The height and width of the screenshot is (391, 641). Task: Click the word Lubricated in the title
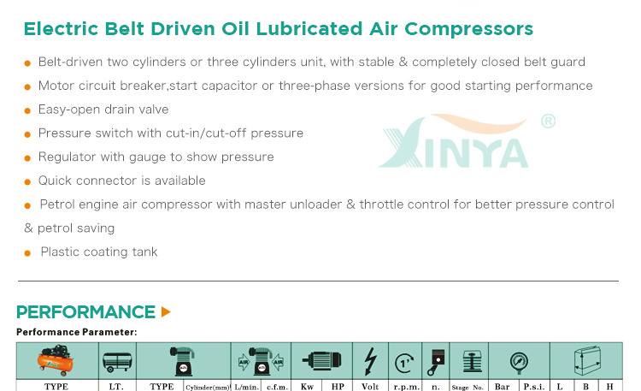coord(309,28)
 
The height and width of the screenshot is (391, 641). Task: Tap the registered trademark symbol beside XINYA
coord(548,121)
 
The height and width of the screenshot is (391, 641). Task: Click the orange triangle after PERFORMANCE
coord(166,312)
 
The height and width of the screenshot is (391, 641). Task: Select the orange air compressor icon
coord(56,360)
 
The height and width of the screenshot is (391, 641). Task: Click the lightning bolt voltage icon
coord(370,361)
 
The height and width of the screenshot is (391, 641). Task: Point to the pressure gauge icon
coord(519,363)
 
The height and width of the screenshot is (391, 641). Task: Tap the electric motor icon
coord(322,360)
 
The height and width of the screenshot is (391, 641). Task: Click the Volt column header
coord(370,387)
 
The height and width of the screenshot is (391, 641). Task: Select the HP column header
coord(338,387)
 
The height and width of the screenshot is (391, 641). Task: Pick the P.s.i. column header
coord(534,387)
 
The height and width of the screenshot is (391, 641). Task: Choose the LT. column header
coord(116,387)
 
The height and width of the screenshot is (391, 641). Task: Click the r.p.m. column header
coord(406,387)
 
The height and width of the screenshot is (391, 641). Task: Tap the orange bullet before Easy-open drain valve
coord(27,110)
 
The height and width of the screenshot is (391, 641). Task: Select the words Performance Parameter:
coord(77,332)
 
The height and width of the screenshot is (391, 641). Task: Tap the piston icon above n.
coord(436,362)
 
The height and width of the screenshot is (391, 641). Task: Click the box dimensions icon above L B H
coord(587,360)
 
